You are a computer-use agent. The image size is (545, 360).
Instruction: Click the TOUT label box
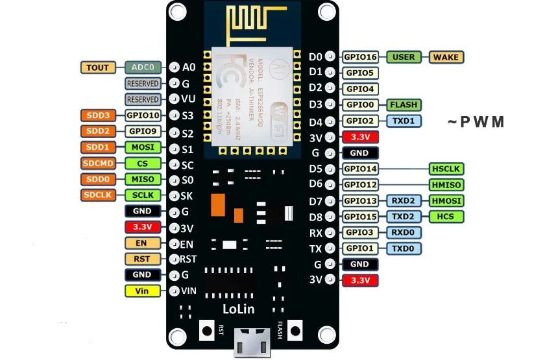point(99,67)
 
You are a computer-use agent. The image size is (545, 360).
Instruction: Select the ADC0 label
point(143,67)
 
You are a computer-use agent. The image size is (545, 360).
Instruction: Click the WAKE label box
point(445,57)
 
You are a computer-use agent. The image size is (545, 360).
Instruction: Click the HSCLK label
point(446,169)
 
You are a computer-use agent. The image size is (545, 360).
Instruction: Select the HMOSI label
point(446,200)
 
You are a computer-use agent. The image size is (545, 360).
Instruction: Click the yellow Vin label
point(142,291)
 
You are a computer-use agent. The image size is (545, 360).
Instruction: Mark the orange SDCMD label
point(99,163)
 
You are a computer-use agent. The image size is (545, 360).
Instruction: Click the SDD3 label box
point(99,115)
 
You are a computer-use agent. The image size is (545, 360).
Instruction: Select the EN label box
point(142,243)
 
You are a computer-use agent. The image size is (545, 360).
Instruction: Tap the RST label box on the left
point(142,259)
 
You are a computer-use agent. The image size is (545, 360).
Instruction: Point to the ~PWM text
point(476,122)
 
